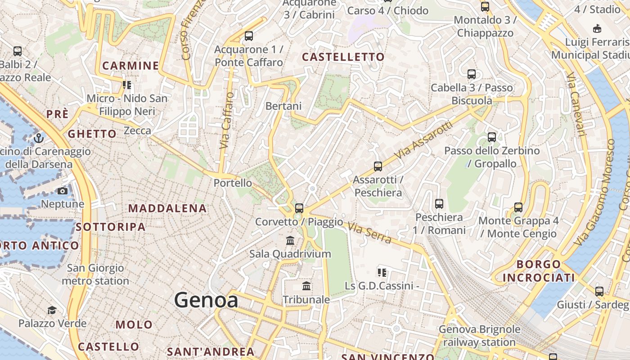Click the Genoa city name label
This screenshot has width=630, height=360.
pos(206,300)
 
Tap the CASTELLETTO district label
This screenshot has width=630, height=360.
pos(343,57)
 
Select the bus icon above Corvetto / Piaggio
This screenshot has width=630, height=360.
pos(299,208)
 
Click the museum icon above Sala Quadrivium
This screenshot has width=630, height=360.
pos(290,241)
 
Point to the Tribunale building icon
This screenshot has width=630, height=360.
pos(306,286)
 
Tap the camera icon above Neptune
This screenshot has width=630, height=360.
pos(63,191)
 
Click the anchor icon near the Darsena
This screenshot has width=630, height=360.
pos(39,138)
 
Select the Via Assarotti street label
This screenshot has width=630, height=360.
pos(423,139)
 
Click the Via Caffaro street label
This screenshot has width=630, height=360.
pos(228,121)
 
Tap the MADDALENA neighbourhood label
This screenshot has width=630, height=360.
pos(167,208)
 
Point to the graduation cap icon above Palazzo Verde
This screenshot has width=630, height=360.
pos(52,310)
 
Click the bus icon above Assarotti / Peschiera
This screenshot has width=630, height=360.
pos(378,166)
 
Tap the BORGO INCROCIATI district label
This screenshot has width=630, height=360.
pos(539,271)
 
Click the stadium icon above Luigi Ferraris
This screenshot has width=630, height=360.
pos(597,29)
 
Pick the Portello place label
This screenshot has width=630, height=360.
pos(233,183)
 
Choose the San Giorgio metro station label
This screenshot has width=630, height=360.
pos(95,274)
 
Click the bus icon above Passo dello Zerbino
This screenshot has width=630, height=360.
pos(492,137)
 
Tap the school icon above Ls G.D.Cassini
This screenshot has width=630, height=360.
pos(382,272)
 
